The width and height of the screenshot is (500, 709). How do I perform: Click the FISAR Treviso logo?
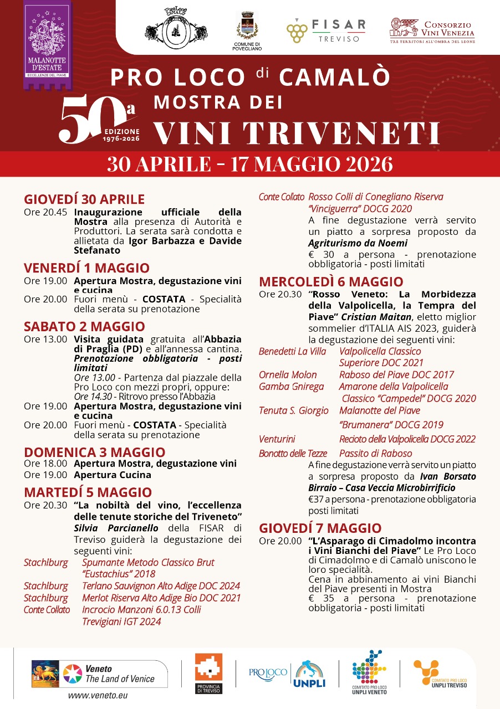click(x=326, y=30)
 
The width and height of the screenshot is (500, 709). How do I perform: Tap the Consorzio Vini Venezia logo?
click(x=432, y=30)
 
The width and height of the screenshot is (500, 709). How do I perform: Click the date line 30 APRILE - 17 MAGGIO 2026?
click(x=249, y=165)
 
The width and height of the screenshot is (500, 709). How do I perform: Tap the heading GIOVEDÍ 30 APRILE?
click(x=84, y=199)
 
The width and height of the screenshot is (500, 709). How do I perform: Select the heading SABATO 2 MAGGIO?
click(x=84, y=326)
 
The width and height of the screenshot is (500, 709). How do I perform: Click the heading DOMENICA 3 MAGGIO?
click(x=87, y=452)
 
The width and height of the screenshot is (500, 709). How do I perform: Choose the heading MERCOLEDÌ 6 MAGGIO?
click(x=331, y=281)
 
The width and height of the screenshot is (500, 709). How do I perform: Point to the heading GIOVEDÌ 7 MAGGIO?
click(x=320, y=528)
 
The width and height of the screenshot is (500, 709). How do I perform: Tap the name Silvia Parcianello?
click(x=116, y=528)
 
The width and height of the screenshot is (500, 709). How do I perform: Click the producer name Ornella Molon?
click(x=288, y=375)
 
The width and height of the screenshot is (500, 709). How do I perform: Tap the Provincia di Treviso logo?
click(x=208, y=672)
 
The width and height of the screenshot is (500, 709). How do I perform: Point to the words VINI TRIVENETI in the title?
click(x=296, y=133)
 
